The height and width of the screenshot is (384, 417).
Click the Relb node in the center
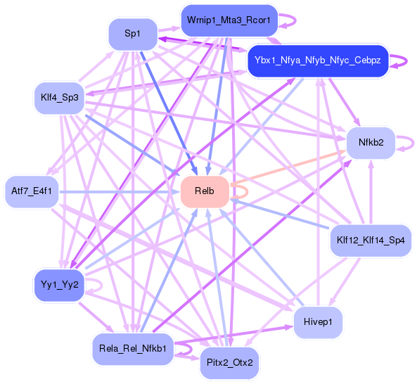(x=205, y=192)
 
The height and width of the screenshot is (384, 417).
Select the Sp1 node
(x=132, y=34)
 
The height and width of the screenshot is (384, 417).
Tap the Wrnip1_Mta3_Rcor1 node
(x=229, y=20)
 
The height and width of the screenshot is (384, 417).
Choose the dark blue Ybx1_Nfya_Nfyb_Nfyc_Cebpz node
(x=317, y=61)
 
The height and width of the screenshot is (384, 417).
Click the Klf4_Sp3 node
(x=59, y=98)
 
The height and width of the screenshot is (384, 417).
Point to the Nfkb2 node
(x=371, y=142)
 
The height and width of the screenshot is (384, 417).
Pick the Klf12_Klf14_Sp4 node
(x=371, y=241)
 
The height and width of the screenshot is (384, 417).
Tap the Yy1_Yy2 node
(x=58, y=285)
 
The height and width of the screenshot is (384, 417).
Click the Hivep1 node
(x=319, y=322)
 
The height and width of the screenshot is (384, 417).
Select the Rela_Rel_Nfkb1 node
(x=133, y=348)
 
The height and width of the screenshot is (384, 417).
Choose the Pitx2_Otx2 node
(x=230, y=362)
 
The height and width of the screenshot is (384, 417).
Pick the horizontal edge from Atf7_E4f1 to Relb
(x=120, y=191)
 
